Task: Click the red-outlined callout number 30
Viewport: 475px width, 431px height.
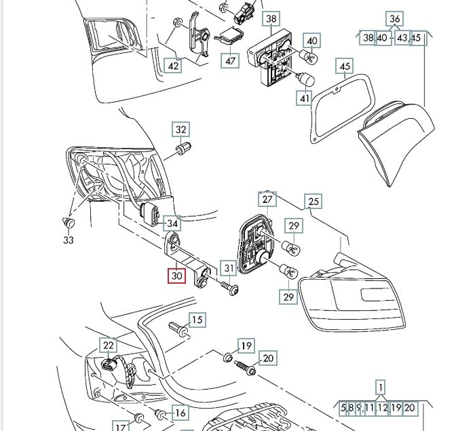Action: pos(176,276)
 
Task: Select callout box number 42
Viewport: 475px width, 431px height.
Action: pos(173,65)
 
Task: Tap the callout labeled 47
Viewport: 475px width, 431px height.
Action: pos(231,60)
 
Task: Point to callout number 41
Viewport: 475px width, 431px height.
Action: pos(305,99)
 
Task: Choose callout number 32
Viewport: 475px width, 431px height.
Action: pos(180,130)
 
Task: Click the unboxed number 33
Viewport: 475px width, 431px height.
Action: pos(69,240)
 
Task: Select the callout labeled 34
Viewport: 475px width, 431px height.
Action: pos(172,223)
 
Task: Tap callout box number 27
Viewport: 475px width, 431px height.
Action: pos(267,200)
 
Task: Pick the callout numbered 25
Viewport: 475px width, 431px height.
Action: pos(313,201)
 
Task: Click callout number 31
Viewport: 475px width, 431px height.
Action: pos(229,269)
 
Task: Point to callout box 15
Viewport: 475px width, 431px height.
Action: pos(196,320)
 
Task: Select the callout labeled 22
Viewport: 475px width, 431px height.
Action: pos(109,346)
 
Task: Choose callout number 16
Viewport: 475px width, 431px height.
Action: pos(180,413)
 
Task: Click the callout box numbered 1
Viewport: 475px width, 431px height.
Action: pos(381,388)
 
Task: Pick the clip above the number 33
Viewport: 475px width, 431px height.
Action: pos(67,222)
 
